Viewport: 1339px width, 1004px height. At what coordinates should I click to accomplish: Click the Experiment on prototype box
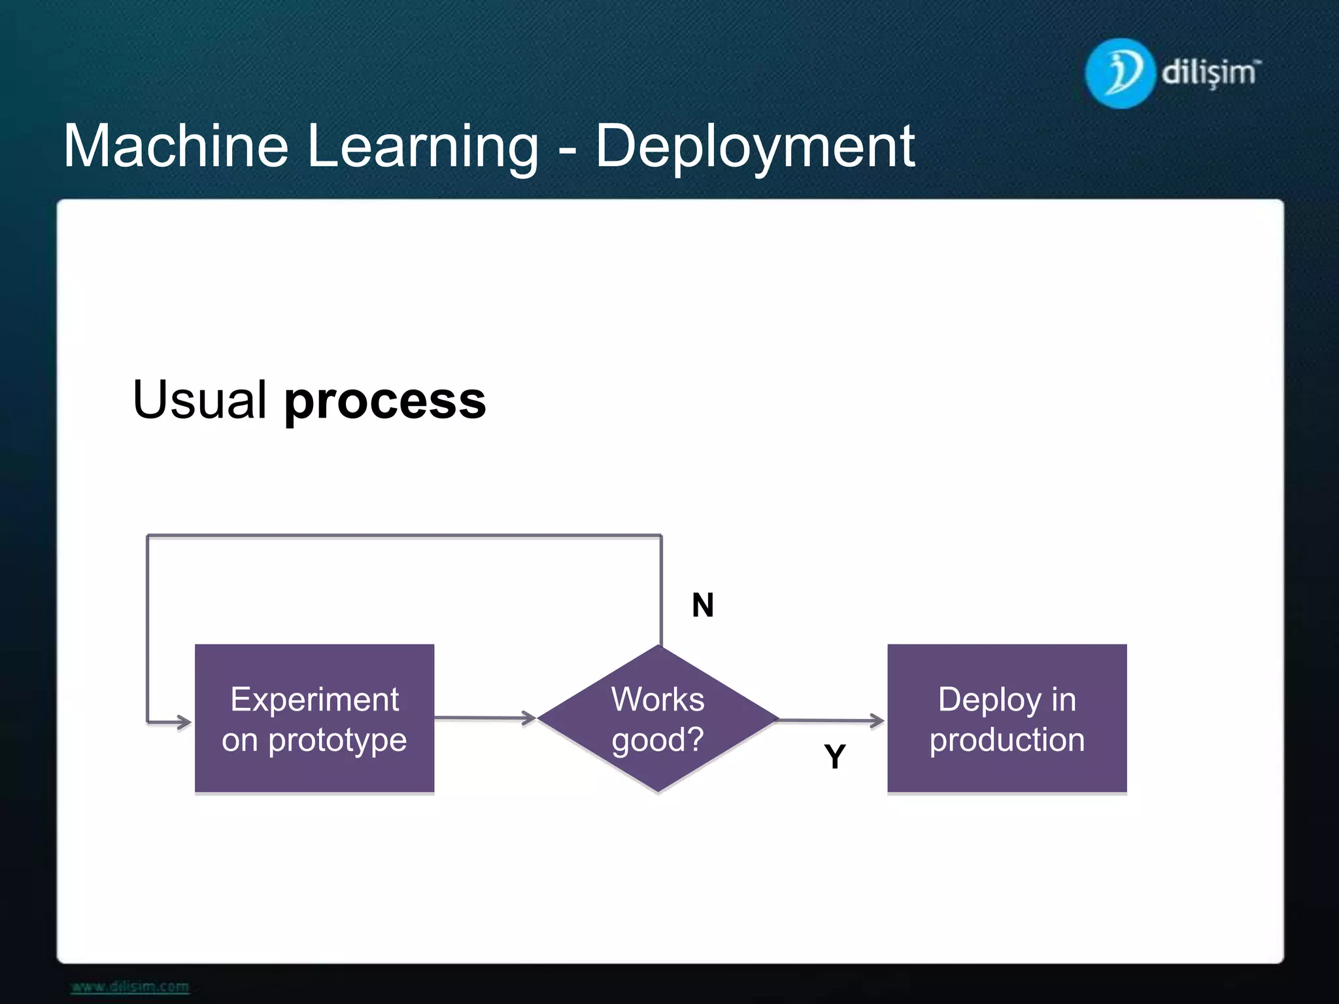click(314, 718)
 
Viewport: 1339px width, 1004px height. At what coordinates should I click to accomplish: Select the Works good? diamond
click(658, 718)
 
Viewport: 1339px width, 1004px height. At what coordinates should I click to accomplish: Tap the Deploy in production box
click(1007, 718)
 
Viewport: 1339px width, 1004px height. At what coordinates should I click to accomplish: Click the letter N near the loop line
click(703, 605)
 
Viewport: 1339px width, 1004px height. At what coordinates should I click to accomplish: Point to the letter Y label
click(835, 757)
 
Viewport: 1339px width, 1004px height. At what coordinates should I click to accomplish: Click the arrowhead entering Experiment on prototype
click(182, 722)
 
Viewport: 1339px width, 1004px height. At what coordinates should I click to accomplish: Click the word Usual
click(199, 399)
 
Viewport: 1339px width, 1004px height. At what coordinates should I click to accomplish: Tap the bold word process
click(385, 401)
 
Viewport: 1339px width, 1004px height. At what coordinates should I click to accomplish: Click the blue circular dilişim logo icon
click(1119, 73)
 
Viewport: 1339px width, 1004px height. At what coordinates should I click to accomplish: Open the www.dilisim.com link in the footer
click(130, 986)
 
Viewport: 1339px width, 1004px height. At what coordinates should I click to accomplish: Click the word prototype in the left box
click(337, 740)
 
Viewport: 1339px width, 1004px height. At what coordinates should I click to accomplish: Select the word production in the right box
click(1007, 740)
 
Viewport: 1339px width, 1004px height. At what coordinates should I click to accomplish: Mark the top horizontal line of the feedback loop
click(404, 536)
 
